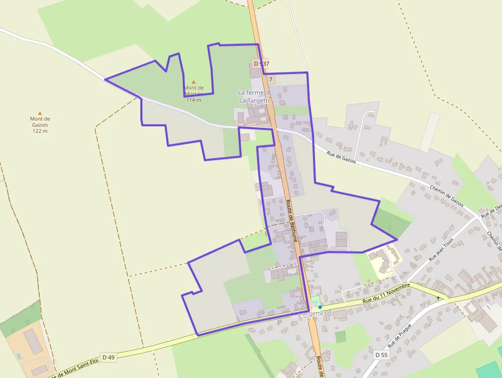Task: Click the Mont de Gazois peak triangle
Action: tap(40, 113)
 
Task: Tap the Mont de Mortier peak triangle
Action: tap(194, 82)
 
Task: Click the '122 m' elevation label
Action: tap(40, 131)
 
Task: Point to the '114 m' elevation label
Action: tap(194, 100)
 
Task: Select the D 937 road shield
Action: tap(261, 64)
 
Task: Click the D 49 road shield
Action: tap(108, 357)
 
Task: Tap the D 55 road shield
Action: tap(381, 355)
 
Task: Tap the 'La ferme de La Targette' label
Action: tap(254, 96)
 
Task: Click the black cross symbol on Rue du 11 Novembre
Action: tap(438, 298)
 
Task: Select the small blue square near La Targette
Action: tap(320, 307)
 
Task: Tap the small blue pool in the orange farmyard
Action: tap(19, 355)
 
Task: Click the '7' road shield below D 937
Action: tap(270, 79)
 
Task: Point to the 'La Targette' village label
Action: tap(307, 313)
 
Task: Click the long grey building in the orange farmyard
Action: tap(33, 342)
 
